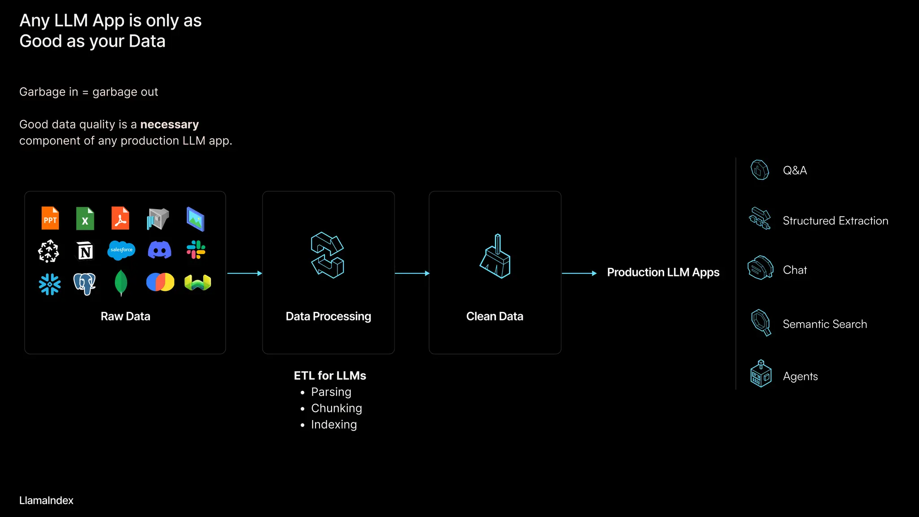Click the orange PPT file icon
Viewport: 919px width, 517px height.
click(50, 218)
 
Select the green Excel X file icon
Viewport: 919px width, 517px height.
click(85, 219)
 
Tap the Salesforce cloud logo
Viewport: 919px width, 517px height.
click(121, 250)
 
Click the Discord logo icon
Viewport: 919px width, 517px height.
click(159, 250)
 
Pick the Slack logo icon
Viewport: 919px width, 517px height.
click(196, 250)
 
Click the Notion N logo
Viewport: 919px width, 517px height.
click(85, 251)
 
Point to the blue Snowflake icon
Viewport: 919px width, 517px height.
click(49, 284)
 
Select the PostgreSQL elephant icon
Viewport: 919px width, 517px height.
click(85, 284)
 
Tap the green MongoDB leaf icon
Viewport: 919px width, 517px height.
click(121, 283)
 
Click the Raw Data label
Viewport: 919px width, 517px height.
click(125, 316)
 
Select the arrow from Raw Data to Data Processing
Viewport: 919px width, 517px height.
click(244, 273)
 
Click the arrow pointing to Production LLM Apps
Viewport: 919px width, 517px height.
click(579, 273)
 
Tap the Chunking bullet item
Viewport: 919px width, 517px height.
click(336, 408)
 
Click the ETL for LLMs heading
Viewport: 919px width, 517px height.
click(330, 376)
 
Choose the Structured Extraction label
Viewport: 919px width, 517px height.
click(835, 221)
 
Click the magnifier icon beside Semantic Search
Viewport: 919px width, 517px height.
click(761, 322)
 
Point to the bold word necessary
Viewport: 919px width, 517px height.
click(169, 124)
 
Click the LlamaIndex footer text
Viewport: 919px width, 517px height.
click(46, 500)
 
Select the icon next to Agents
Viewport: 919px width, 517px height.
click(761, 374)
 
